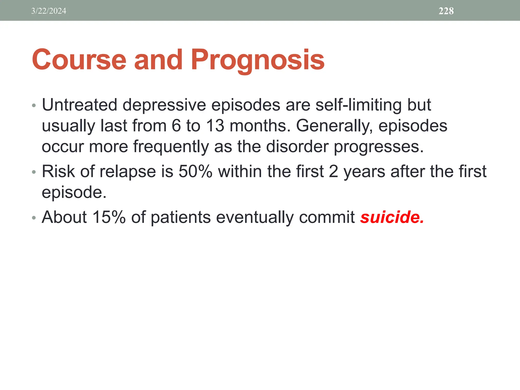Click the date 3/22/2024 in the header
point(48,11)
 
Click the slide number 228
point(446,11)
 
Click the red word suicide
point(392,217)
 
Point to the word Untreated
point(79,105)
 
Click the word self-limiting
point(359,105)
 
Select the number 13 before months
point(215,126)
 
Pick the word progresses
point(379,147)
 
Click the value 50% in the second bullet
point(196,171)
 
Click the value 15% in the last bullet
point(109,217)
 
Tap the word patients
point(181,218)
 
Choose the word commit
point(327,217)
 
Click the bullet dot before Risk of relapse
point(34,172)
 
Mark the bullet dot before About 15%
point(34,218)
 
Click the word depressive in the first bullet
point(164,105)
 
